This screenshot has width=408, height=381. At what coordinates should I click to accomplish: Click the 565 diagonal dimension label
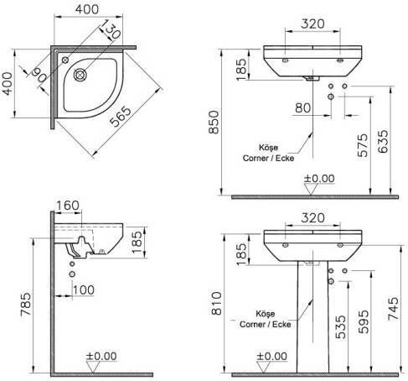click(121, 117)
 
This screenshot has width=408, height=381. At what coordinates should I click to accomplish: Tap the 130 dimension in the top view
click(110, 29)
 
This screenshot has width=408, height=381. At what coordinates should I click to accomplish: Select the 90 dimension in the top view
click(39, 76)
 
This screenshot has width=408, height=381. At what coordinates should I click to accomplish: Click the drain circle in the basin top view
click(80, 75)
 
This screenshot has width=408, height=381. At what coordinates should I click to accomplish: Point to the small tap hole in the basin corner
click(65, 60)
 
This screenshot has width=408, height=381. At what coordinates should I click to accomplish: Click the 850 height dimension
click(214, 123)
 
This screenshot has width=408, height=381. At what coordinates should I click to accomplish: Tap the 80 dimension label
click(302, 107)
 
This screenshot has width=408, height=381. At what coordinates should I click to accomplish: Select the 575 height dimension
click(364, 145)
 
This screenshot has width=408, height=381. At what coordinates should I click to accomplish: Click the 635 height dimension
click(383, 141)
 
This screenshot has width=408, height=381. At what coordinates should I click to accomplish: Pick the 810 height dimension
click(216, 304)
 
